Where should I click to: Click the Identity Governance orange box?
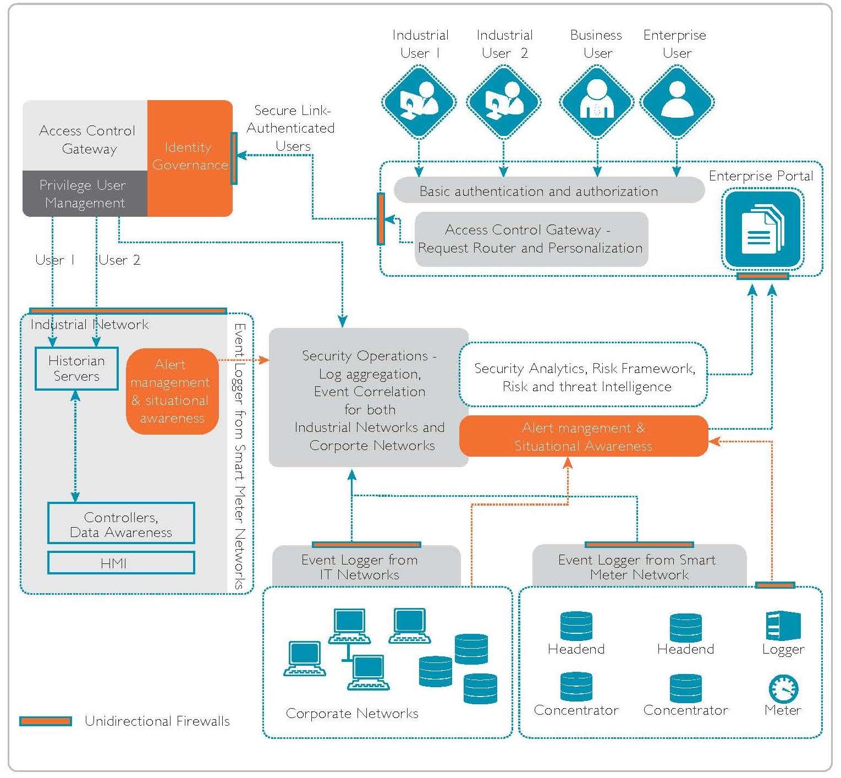(x=190, y=157)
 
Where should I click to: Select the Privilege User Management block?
(x=85, y=194)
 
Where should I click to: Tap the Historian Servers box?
(x=76, y=369)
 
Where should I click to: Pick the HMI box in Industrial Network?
(x=121, y=563)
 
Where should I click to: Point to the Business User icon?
(x=597, y=102)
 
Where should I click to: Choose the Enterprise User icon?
(x=677, y=102)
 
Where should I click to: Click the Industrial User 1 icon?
(x=419, y=102)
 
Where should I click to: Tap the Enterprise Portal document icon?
(x=762, y=229)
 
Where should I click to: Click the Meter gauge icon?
(x=783, y=688)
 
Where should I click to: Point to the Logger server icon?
(x=783, y=627)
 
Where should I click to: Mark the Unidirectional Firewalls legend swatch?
(x=46, y=721)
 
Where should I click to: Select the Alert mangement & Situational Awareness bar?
(x=583, y=436)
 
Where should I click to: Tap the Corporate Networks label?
(x=352, y=714)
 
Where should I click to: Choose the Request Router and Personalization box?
(x=531, y=239)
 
